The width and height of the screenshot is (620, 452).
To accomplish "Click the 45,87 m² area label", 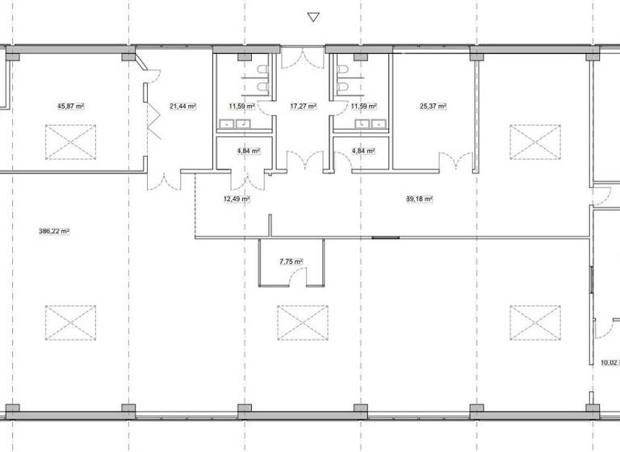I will pyautogui.click(x=72, y=106).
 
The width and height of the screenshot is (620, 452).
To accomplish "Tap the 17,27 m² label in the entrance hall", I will pyautogui.click(x=303, y=106).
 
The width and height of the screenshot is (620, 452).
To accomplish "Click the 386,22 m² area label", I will pyautogui.click(x=54, y=231).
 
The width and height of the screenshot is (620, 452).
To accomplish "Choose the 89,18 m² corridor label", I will pyautogui.click(x=420, y=199).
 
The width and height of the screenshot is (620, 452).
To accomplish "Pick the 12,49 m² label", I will pyautogui.click(x=236, y=199).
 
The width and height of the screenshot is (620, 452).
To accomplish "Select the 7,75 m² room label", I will pyautogui.click(x=290, y=262).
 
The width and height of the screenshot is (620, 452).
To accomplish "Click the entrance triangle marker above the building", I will pyautogui.click(x=314, y=17).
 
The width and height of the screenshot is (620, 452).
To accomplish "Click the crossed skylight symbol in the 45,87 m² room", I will pyautogui.click(x=71, y=142).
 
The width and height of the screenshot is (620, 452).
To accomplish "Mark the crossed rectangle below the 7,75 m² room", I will pyautogui.click(x=303, y=322).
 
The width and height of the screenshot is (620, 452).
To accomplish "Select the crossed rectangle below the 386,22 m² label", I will pyautogui.click(x=71, y=322).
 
